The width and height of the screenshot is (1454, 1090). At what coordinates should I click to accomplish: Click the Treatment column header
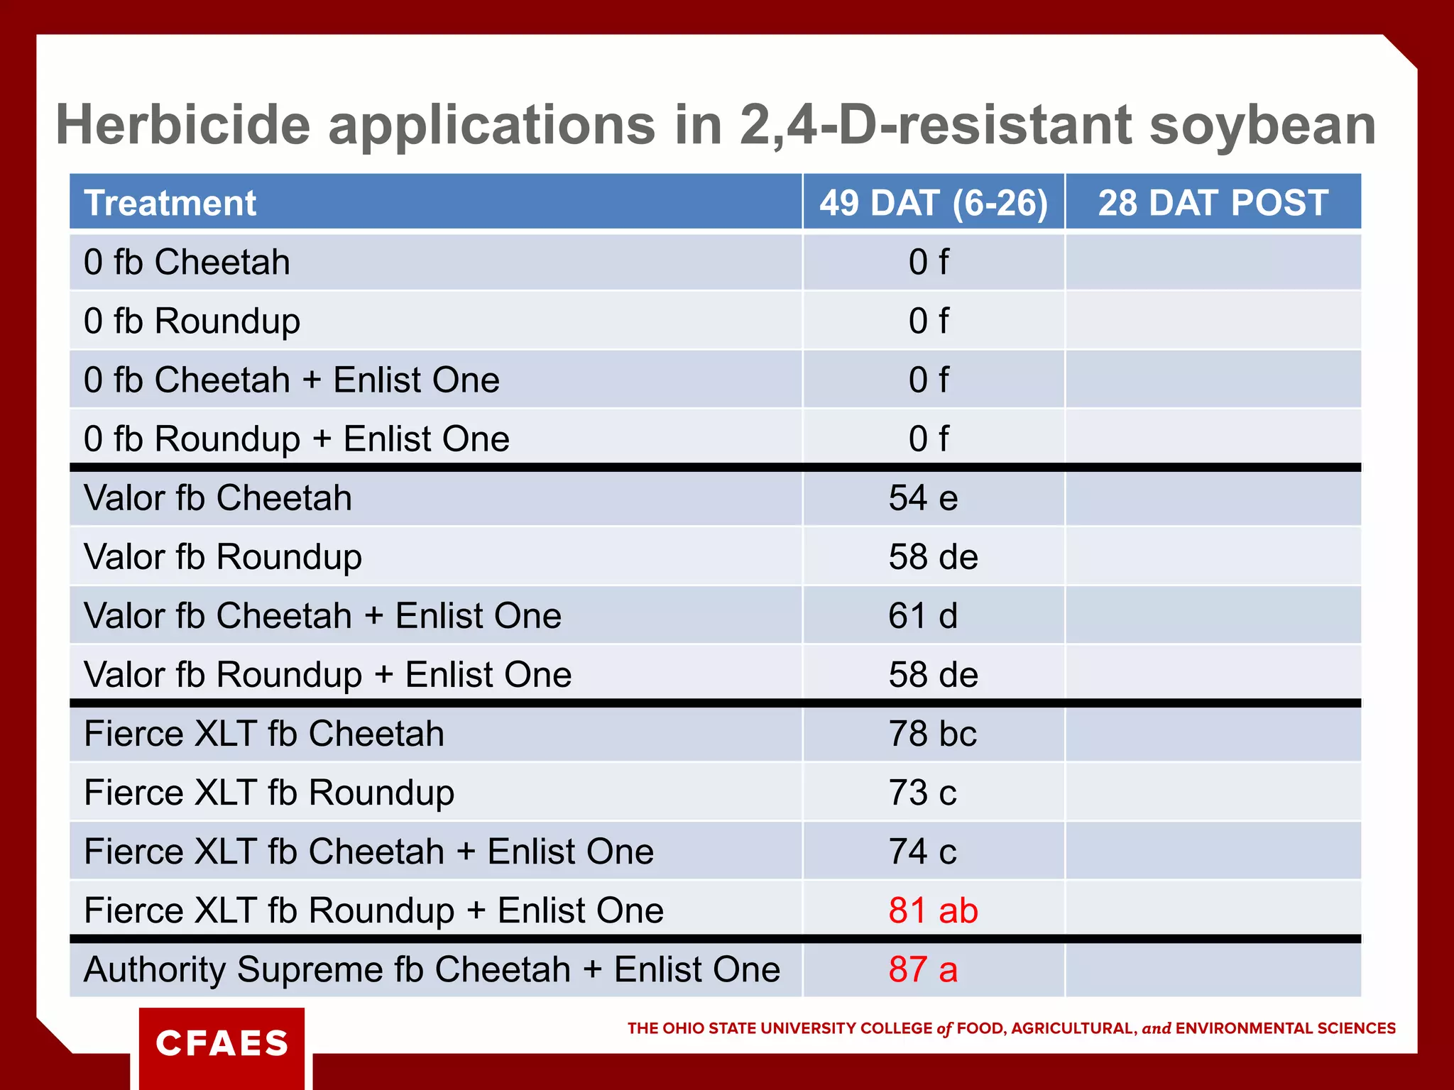tap(170, 203)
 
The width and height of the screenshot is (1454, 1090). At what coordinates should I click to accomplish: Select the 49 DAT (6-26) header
tap(933, 203)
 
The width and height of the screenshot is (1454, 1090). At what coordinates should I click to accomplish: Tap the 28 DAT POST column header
tap(1213, 203)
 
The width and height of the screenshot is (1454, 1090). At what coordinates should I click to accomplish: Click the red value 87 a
tap(923, 969)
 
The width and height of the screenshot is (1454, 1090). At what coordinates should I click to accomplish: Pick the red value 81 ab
tap(933, 910)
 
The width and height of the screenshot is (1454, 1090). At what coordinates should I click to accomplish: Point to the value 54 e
tap(923, 498)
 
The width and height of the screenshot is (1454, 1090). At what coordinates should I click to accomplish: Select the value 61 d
tap(923, 616)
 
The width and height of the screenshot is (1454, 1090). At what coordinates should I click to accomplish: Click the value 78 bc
tap(932, 734)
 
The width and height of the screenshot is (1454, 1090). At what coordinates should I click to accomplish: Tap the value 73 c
tap(922, 793)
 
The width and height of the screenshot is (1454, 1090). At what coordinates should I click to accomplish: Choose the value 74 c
tap(922, 852)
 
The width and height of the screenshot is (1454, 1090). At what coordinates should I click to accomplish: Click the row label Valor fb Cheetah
tap(217, 498)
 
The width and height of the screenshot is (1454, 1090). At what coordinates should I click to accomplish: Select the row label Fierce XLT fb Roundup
tap(269, 793)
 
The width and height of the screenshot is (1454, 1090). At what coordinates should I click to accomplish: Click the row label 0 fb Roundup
tap(192, 321)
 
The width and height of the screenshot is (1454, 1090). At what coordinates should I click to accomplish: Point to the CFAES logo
tap(222, 1043)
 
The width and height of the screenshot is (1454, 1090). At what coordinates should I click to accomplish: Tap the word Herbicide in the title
tap(183, 125)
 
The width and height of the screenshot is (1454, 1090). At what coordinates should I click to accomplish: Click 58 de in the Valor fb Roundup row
tap(933, 557)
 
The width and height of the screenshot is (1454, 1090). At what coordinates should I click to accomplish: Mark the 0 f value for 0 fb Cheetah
tap(928, 263)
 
